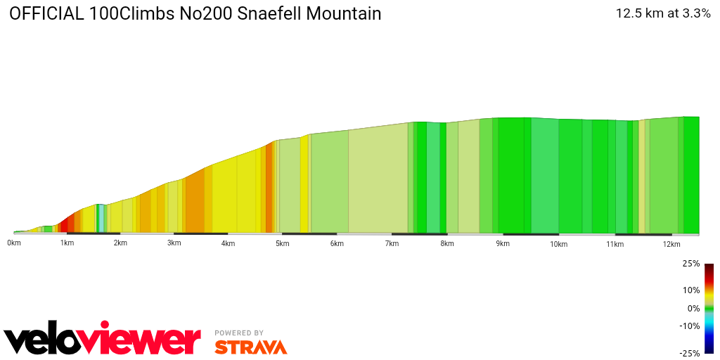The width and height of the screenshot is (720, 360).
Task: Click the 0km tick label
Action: tap(13, 243)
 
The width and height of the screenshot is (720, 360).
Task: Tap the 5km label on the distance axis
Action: tap(282, 243)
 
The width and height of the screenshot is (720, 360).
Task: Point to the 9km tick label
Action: tap(502, 243)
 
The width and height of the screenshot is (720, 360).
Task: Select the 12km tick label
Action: tap(671, 244)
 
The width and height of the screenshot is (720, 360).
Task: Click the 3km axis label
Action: tap(174, 243)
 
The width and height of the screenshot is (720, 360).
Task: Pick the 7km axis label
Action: tap(392, 243)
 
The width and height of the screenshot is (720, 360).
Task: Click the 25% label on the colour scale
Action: tap(691, 264)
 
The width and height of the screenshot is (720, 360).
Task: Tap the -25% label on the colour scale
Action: tap(690, 353)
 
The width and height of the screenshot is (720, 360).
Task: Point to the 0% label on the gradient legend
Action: tap(693, 308)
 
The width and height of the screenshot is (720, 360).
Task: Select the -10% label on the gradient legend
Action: tap(690, 326)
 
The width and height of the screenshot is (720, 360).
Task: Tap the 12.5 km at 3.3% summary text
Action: tap(663, 13)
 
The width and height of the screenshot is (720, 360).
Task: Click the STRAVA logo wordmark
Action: tap(250, 347)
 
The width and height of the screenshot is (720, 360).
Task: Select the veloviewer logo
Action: tap(102, 340)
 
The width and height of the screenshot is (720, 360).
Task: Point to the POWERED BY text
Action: tap(239, 333)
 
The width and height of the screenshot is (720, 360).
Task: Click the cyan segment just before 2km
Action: tap(101, 218)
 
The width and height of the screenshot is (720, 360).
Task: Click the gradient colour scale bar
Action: tap(709, 308)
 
